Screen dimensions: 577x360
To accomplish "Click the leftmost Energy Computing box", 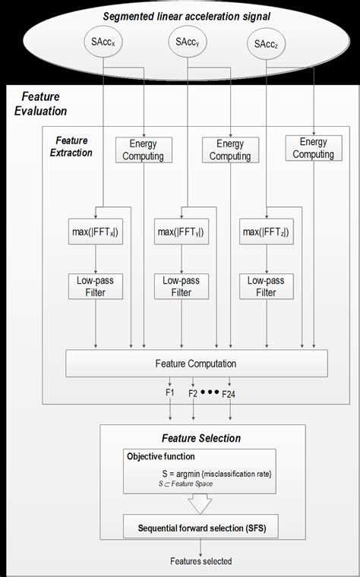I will tap(143, 150).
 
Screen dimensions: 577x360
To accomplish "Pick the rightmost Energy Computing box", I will tap(313, 148).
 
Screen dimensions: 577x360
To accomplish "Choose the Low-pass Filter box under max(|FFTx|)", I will tap(95, 286).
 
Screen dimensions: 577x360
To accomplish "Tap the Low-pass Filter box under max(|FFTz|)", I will tap(266, 286).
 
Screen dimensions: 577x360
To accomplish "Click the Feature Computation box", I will tap(197, 363).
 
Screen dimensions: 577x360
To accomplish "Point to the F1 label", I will tap(169, 393).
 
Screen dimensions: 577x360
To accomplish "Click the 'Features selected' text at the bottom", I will tap(201, 561).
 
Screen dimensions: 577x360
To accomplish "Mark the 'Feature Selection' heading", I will tap(201, 438).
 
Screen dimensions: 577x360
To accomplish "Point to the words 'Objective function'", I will tap(160, 457).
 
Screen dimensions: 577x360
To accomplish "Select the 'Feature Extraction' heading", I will tap(71, 147).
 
